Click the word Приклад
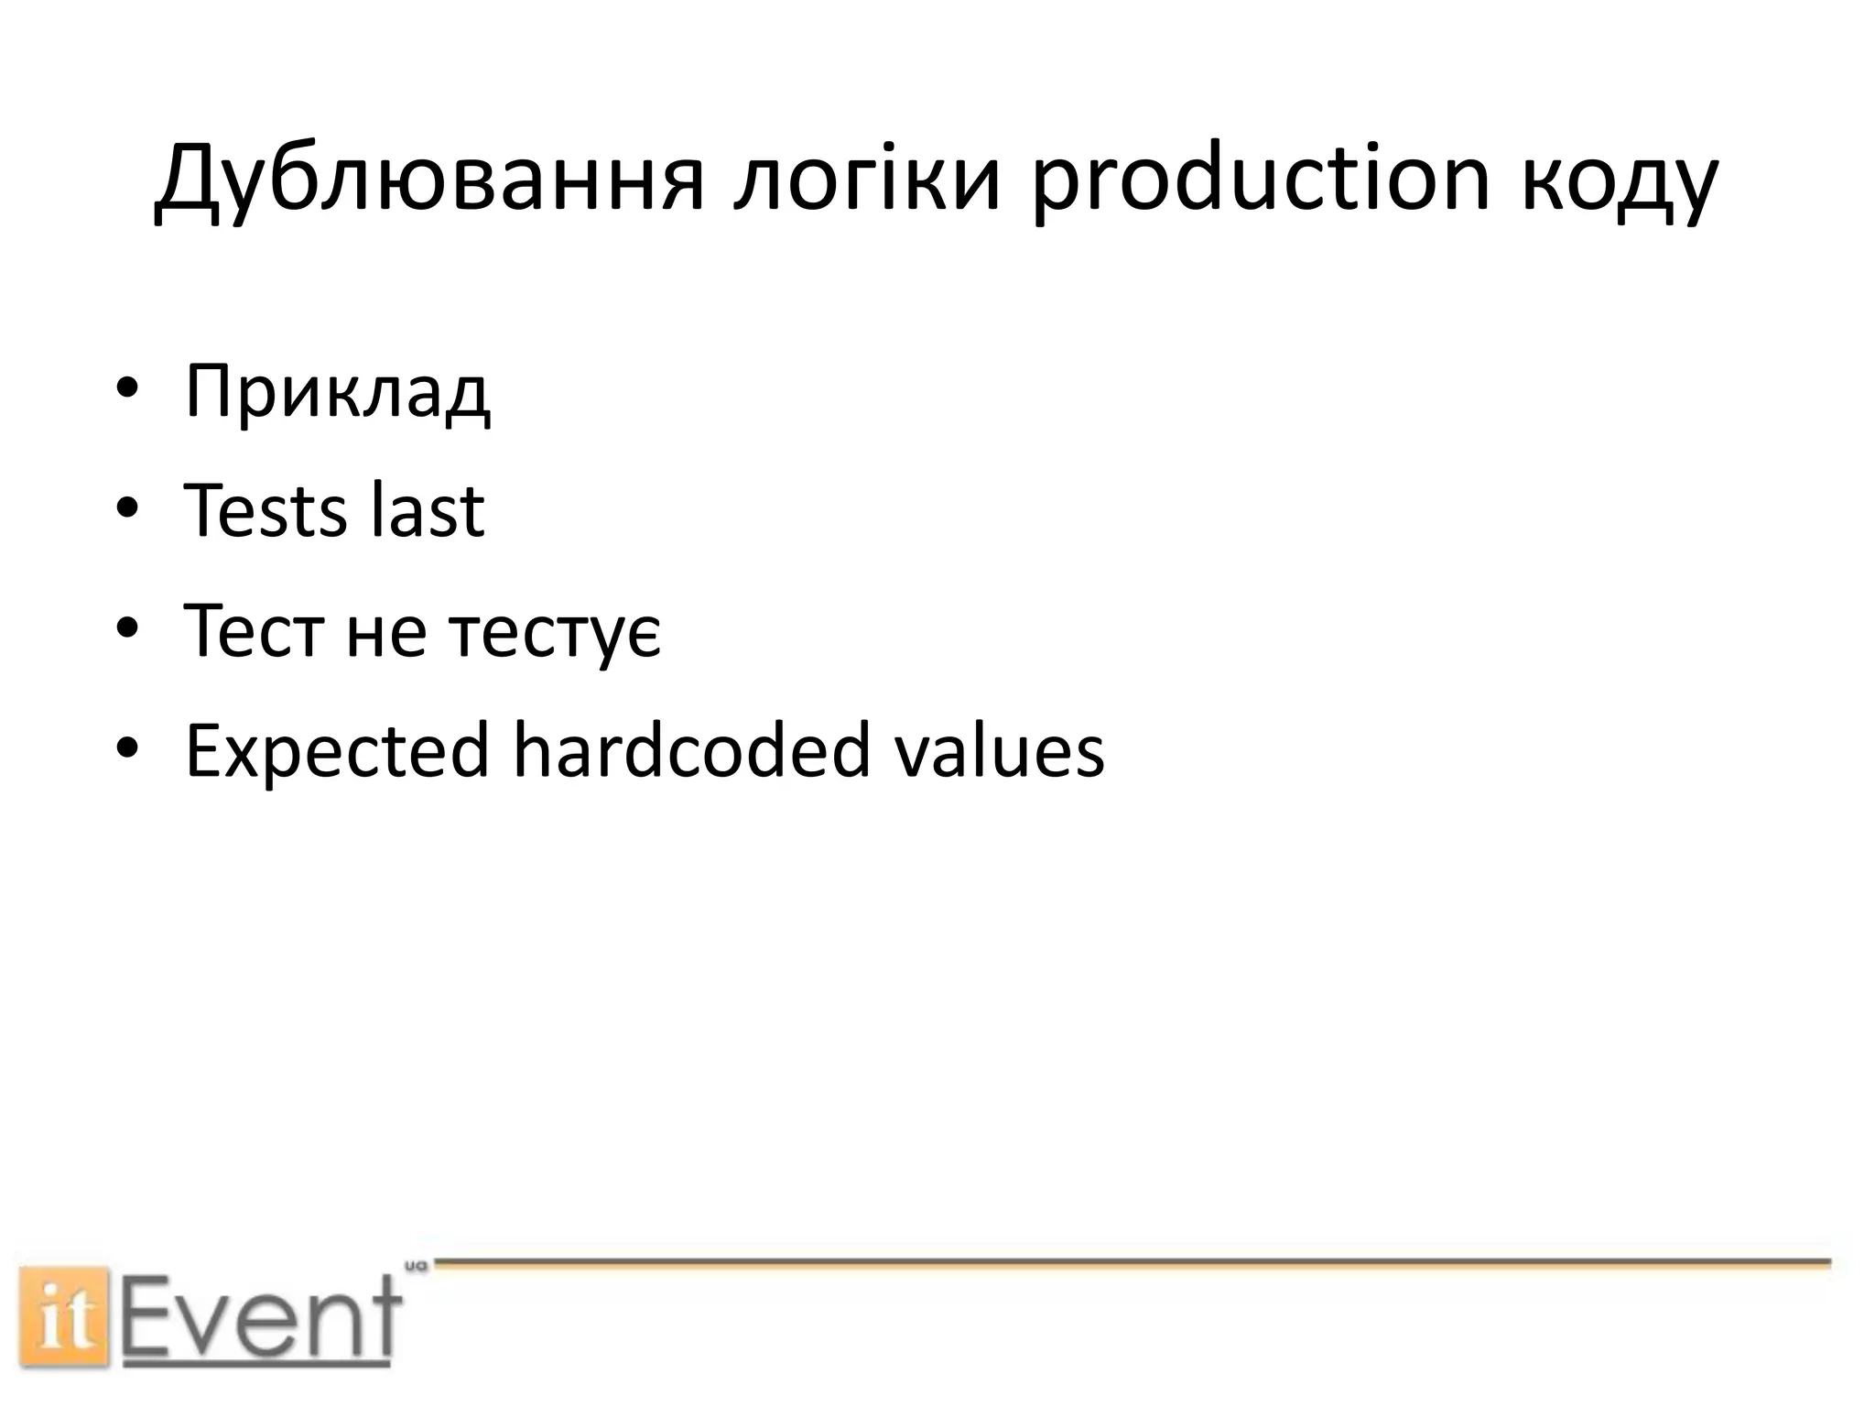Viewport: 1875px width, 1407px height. click(337, 392)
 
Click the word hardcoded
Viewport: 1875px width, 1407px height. click(690, 751)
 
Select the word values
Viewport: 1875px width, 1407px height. click(999, 751)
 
